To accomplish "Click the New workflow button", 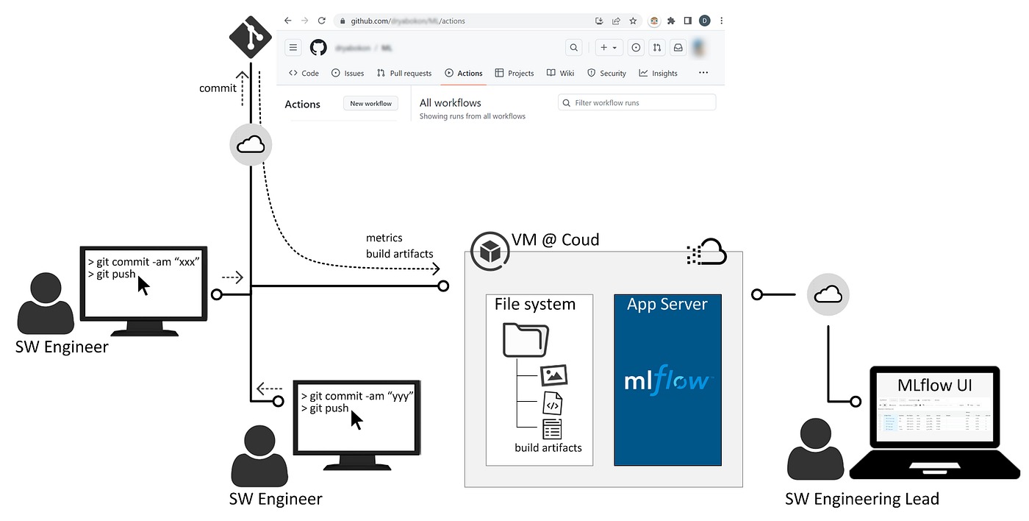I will (370, 104).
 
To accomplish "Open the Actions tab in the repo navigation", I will (463, 73).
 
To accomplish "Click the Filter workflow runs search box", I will (637, 103).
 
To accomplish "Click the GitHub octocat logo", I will (318, 48).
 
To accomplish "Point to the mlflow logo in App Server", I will (667, 380).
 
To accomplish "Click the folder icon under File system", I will (526, 339).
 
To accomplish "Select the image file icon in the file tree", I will (553, 375).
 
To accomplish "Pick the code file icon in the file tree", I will (553, 403).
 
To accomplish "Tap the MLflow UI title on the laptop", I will (934, 386).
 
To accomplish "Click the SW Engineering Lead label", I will (861, 499).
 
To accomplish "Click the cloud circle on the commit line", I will (251, 145).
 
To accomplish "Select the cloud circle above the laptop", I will (828, 294).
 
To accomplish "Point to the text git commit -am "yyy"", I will (357, 396).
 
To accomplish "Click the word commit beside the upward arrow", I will (218, 88).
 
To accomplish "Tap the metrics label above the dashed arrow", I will (384, 238).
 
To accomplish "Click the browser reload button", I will (321, 21).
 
